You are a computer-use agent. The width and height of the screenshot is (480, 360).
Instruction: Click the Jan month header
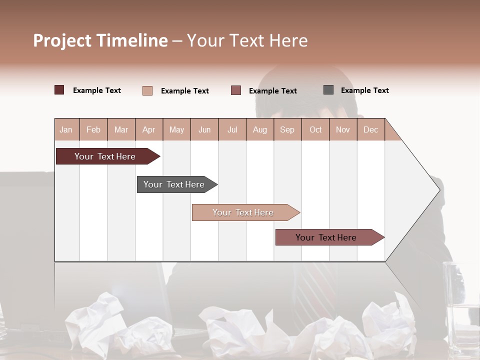tap(66, 129)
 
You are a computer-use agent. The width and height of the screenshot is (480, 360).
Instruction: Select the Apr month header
tap(148, 129)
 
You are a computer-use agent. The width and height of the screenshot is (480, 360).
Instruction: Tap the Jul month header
tap(232, 129)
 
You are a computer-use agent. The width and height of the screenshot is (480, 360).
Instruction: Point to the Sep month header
tap(287, 129)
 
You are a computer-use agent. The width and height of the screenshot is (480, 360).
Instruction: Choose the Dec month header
tap(370, 129)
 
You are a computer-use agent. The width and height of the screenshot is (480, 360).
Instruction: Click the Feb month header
tap(93, 129)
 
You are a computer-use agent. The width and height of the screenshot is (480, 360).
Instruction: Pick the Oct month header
tap(315, 129)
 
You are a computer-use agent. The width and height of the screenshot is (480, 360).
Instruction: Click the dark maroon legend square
tap(59, 90)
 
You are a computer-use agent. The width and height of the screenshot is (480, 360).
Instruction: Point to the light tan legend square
tap(147, 90)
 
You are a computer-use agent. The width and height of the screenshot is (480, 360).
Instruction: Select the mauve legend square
tap(236, 90)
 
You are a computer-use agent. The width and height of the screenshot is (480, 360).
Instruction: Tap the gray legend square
tap(328, 90)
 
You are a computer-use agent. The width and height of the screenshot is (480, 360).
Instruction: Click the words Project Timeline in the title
tap(100, 40)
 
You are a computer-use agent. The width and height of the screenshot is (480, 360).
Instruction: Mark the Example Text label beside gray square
tap(364, 90)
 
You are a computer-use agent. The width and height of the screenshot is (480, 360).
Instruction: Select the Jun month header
tap(204, 129)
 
